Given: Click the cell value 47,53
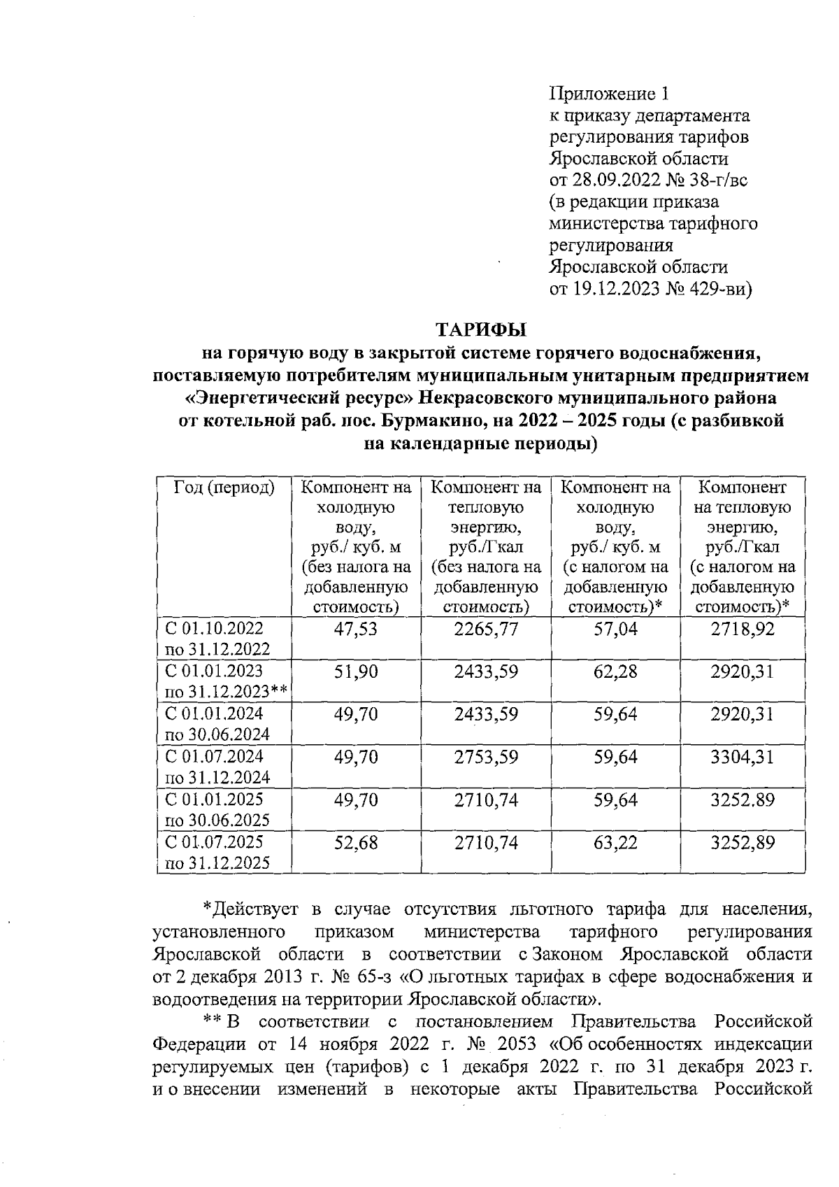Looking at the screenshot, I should (355, 629).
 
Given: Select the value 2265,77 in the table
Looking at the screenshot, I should (486, 629).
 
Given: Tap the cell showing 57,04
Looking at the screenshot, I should (615, 629).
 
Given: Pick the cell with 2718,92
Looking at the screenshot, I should (743, 629).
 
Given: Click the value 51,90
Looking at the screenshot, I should (355, 671).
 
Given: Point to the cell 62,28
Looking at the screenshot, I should (615, 671).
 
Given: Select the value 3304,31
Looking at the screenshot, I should (743, 757).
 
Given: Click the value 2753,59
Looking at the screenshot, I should (486, 757).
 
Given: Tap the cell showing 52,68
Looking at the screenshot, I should (355, 842).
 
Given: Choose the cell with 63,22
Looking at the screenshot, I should (615, 842).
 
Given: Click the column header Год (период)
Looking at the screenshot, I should (223, 488).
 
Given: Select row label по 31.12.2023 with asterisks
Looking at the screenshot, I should (225, 692).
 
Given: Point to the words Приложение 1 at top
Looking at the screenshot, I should (610, 93).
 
